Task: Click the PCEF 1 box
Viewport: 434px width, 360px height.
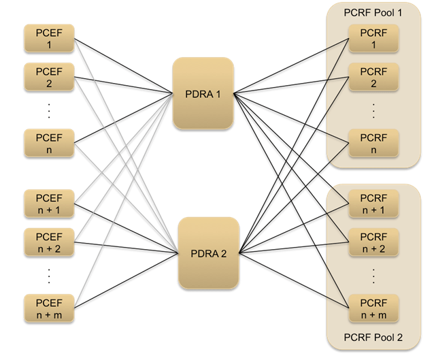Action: [49, 39]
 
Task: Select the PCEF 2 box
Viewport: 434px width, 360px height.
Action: [49, 77]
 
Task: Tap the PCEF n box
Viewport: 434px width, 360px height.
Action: [49, 142]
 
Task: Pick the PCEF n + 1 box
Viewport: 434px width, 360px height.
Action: [49, 205]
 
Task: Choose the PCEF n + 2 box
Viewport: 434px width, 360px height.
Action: [49, 242]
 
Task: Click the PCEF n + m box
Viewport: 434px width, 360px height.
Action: [49, 308]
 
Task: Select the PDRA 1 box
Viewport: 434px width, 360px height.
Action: [203, 94]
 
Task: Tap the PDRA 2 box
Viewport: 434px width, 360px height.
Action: [209, 254]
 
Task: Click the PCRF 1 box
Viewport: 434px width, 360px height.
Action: [373, 39]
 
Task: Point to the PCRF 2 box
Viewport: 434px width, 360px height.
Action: [373, 77]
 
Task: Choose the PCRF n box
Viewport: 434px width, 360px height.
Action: [373, 142]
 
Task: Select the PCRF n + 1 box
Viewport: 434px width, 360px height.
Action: [373, 205]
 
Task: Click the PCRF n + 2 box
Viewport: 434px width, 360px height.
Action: [373, 242]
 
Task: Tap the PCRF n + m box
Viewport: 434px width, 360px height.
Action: [373, 308]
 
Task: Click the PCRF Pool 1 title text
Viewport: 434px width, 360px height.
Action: [373, 14]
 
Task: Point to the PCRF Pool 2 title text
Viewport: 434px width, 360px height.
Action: [373, 338]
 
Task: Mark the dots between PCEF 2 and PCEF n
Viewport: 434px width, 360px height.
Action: [49, 110]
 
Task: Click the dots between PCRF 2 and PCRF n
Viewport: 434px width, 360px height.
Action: [373, 110]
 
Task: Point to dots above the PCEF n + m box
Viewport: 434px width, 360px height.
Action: [49, 275]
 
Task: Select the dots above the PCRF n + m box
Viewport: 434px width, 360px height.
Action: [373, 275]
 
